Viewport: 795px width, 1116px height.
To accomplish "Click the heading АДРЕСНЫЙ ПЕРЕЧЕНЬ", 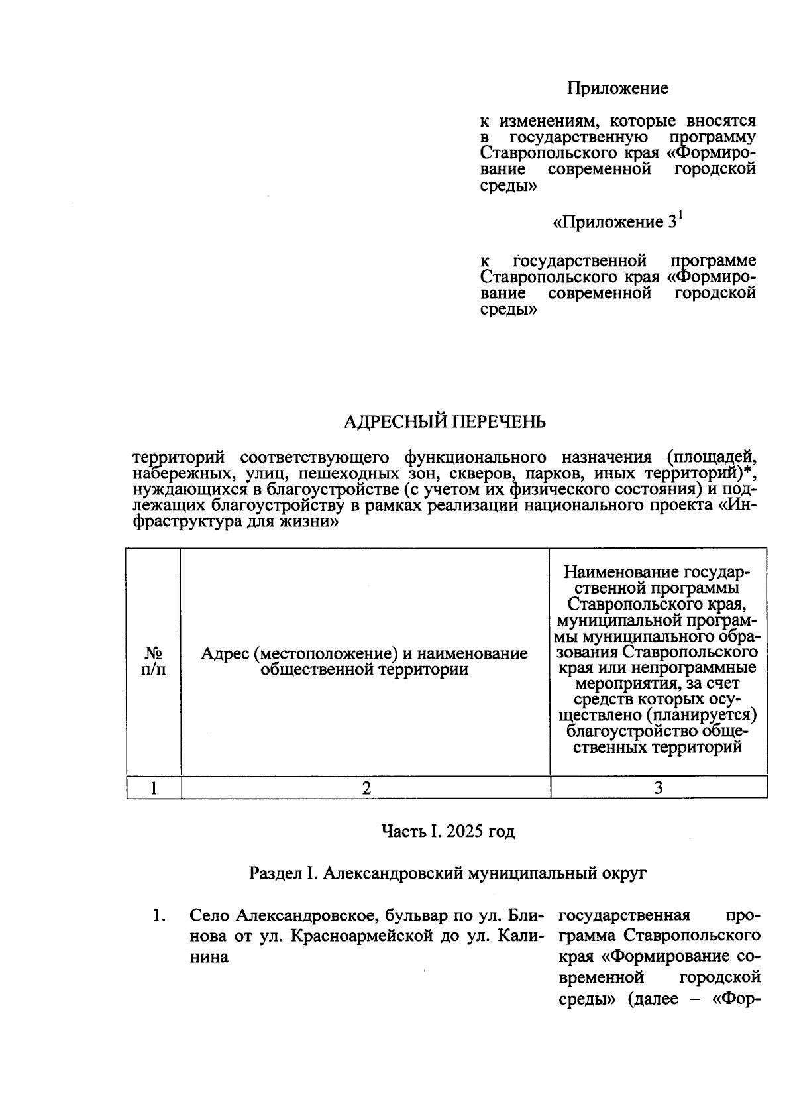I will [x=445, y=422].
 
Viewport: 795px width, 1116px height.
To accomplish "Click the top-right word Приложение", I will [x=617, y=88].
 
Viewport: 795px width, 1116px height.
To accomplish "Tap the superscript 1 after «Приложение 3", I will [x=679, y=215].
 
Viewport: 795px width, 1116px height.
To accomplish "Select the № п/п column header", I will [x=154, y=661].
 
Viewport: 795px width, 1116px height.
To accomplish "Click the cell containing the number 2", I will [x=366, y=787].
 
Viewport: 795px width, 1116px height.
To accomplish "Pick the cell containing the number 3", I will [x=659, y=787].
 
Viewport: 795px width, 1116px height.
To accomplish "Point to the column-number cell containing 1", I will [x=154, y=787].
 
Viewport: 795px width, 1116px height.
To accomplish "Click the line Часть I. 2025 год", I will [x=447, y=831].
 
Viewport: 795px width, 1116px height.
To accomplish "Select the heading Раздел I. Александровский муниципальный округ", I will [x=447, y=873].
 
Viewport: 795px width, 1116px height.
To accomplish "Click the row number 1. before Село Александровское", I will [x=158, y=916].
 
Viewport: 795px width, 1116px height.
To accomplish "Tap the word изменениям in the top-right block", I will [x=547, y=121].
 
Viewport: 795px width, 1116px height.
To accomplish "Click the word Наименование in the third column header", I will [x=612, y=572].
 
